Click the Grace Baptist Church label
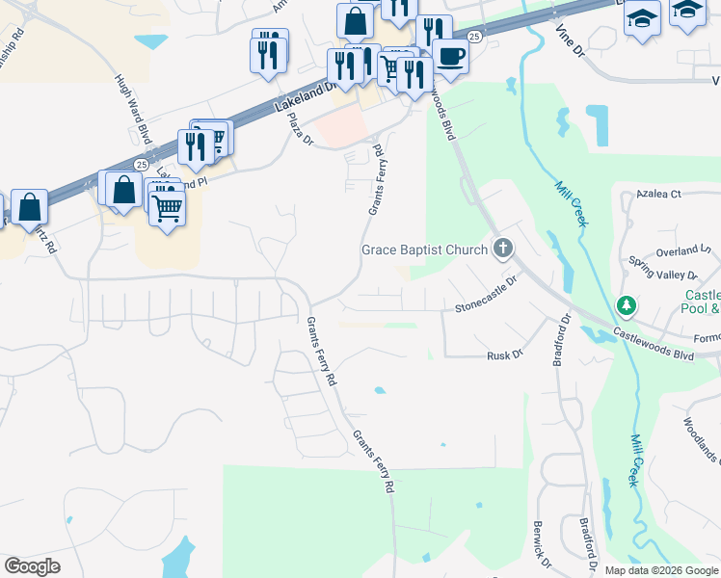424,250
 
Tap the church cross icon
502,250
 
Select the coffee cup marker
450,56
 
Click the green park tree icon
627,305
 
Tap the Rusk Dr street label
504,355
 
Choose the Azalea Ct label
659,194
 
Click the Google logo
32,566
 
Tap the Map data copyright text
661,570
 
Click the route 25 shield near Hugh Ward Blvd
142,165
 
